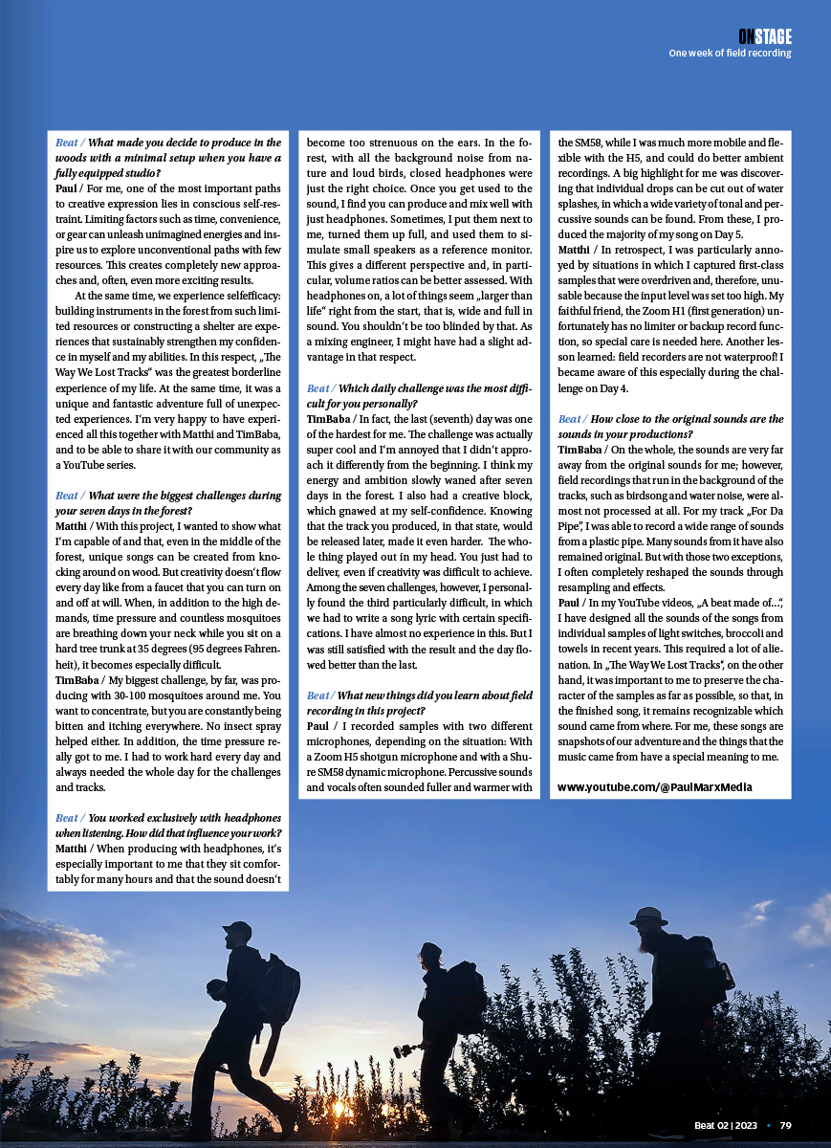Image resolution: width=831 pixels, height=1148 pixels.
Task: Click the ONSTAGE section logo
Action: coord(764,36)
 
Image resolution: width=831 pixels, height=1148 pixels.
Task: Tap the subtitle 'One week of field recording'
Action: coord(730,54)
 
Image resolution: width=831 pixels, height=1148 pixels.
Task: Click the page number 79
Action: coord(785,1125)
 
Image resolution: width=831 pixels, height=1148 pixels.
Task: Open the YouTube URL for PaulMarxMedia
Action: coord(654,787)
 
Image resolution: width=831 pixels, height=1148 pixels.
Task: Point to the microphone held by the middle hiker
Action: coord(407,1049)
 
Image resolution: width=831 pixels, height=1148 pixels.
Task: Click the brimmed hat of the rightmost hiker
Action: coord(648,917)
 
